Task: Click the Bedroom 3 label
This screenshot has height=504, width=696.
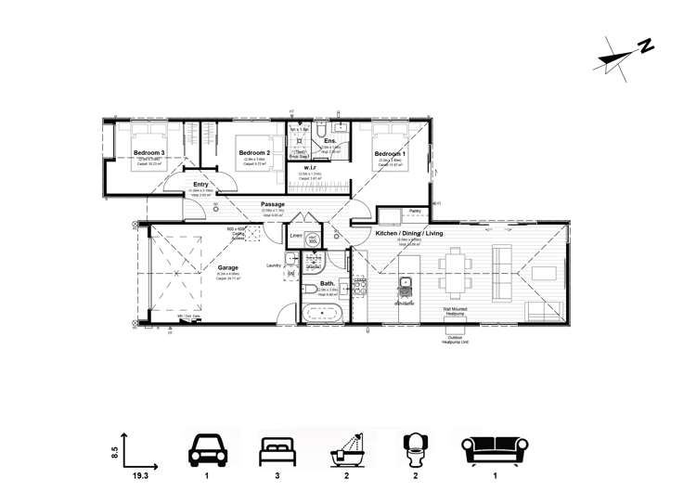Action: [x=148, y=152]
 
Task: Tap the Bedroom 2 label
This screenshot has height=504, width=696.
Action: [x=253, y=152]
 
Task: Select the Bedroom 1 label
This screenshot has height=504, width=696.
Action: [x=390, y=153]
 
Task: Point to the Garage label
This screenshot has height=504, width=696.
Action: [x=228, y=267]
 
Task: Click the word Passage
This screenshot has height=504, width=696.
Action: [x=273, y=204]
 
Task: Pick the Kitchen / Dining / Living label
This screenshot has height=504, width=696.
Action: [x=410, y=233]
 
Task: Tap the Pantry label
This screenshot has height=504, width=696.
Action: [x=415, y=211]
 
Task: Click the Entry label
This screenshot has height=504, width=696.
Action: [x=200, y=185]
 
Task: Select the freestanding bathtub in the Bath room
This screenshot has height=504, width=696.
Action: [x=322, y=314]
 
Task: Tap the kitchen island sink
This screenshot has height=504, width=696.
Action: [x=405, y=282]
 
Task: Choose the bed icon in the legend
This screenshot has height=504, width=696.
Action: [x=275, y=450]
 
